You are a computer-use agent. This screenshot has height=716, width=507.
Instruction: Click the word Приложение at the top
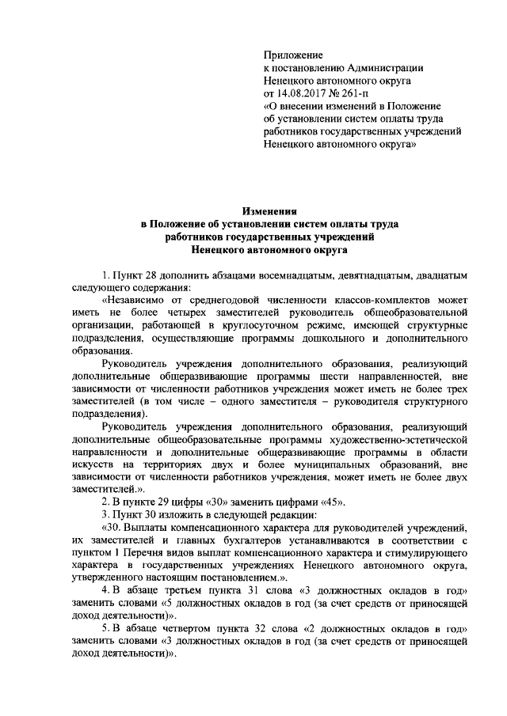[293, 55]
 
